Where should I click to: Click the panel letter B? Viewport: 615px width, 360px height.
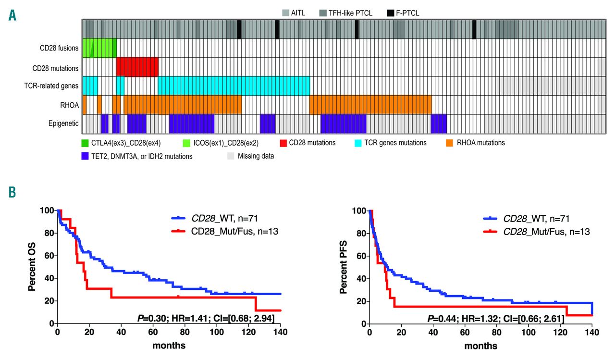[12, 192]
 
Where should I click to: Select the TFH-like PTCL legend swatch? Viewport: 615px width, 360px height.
[327, 13]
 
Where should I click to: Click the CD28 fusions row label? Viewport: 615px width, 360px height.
[59, 48]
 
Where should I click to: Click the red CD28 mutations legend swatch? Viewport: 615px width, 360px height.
[284, 143]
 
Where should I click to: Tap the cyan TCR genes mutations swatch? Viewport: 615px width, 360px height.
[358, 143]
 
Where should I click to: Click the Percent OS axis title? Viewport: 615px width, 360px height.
[32, 267]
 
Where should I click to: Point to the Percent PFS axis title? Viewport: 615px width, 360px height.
[344, 267]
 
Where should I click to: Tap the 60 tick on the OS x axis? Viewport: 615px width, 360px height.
[153, 332]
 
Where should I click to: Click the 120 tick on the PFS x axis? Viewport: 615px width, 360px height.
[560, 332]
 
